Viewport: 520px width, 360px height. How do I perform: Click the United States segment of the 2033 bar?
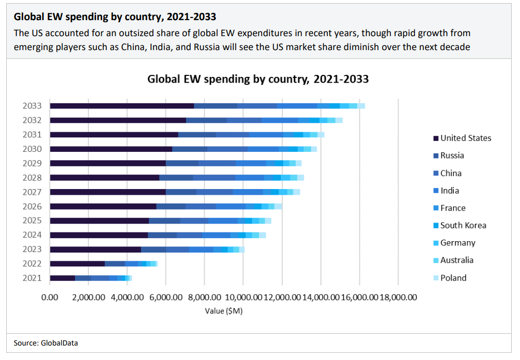(122, 106)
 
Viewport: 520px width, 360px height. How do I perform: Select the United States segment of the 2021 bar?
(63, 278)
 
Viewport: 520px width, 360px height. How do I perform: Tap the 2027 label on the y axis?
(33, 192)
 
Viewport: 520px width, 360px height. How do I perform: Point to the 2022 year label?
(33, 263)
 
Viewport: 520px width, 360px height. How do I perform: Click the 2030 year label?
(33, 149)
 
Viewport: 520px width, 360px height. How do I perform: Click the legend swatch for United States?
(436, 138)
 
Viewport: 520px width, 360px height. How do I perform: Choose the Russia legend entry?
(452, 155)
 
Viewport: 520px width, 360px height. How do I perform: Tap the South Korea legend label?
(463, 225)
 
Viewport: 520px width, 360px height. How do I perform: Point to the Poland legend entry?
(453, 278)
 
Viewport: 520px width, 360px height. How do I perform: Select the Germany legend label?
(457, 243)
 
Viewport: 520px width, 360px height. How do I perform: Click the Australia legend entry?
(456, 260)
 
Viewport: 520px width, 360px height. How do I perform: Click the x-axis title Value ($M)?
(224, 311)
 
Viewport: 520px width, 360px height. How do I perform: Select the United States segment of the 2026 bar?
(103, 207)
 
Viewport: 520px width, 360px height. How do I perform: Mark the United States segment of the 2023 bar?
(96, 249)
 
